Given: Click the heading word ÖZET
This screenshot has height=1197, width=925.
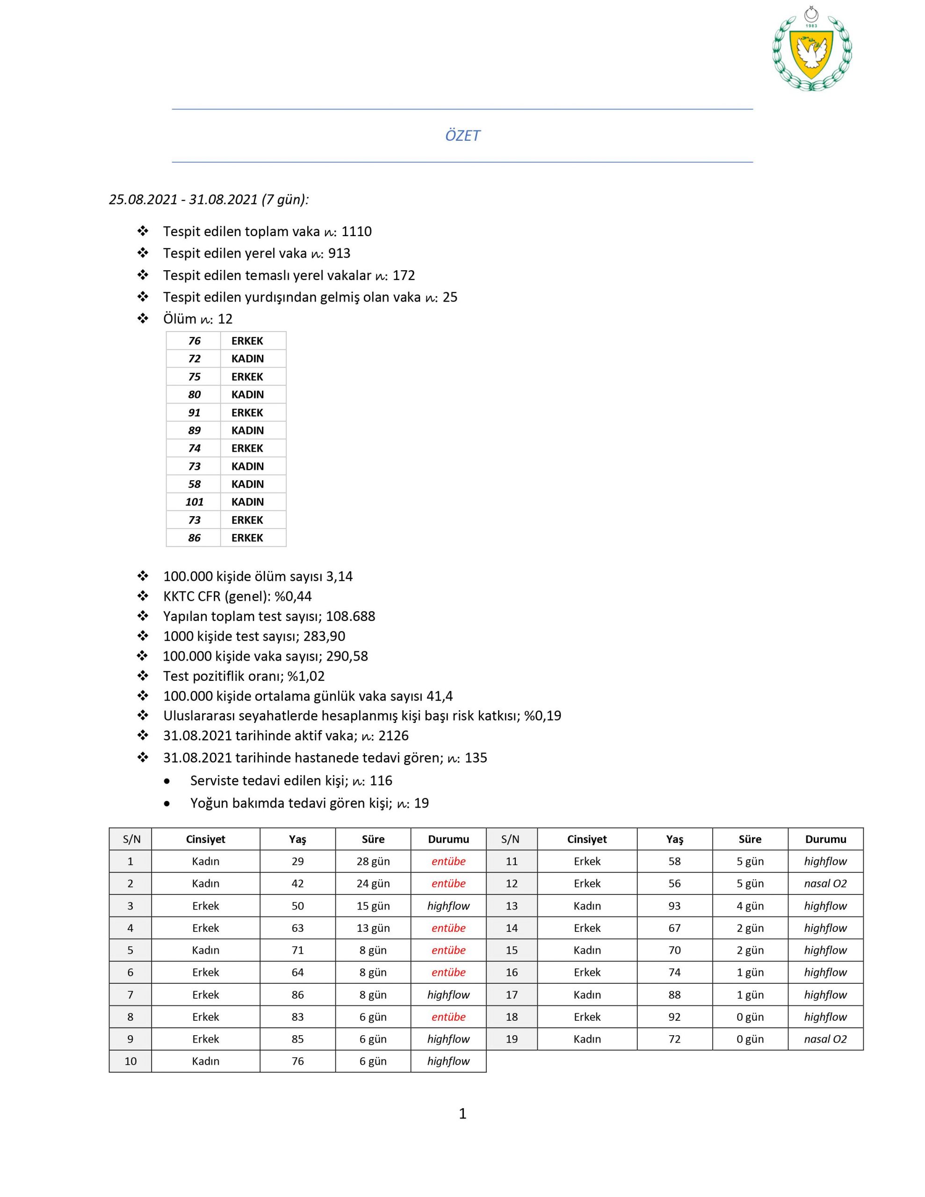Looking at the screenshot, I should pos(462,136).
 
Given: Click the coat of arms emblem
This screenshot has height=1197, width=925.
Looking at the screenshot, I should pos(811,51).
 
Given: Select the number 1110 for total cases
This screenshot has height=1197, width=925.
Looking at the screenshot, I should pos(356,232).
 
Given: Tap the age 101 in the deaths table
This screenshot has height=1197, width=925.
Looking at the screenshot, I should pos(194,502).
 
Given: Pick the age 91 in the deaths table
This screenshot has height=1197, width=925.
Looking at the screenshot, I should pos(194,413).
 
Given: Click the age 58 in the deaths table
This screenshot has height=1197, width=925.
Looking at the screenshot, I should pos(194,484).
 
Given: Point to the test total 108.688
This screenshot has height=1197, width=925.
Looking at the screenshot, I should pos(350,617).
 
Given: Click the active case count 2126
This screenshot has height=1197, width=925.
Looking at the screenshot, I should pos(393,736).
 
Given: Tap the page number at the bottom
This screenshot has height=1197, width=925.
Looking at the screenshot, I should pos(462,1113).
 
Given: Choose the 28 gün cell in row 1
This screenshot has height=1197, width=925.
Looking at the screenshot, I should pos(373,862).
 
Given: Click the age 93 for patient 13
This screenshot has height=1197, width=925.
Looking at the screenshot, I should pos(674,906).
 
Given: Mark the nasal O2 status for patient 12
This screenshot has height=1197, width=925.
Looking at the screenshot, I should pos(825,884).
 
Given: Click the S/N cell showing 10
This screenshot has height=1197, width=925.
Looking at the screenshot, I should pos(130,1061).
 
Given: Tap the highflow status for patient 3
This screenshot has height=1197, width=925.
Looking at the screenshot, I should pos(448,906).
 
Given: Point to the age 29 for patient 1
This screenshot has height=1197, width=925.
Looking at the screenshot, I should pos(298,862).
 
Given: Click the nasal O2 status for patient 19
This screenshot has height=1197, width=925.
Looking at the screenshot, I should pos(825,1039).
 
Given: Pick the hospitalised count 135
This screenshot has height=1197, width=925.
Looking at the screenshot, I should pos(476,758).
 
